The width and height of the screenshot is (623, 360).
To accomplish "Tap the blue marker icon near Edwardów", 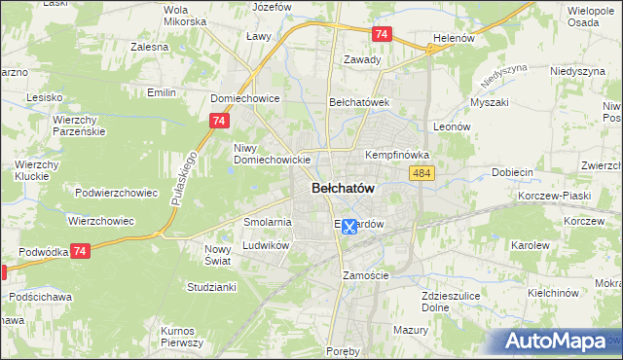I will tap(348, 226).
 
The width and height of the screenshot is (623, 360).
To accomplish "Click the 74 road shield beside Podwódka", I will tap(81, 250).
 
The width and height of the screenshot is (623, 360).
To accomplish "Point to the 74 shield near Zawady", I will tap(383, 34).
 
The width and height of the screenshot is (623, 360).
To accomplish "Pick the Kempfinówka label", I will tap(397, 155).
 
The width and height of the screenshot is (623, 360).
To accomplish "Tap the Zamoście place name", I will tap(366, 275).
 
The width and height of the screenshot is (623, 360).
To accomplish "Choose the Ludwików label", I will tap(267, 246).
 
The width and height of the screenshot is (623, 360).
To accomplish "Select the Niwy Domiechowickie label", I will tap(272, 154).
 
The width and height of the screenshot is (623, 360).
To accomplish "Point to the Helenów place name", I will tap(453, 38).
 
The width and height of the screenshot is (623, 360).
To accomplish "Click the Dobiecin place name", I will tap(513, 172).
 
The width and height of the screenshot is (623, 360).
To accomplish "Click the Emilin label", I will tap(160, 92).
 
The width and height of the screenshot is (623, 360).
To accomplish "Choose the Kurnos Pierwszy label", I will tap(182, 337).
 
